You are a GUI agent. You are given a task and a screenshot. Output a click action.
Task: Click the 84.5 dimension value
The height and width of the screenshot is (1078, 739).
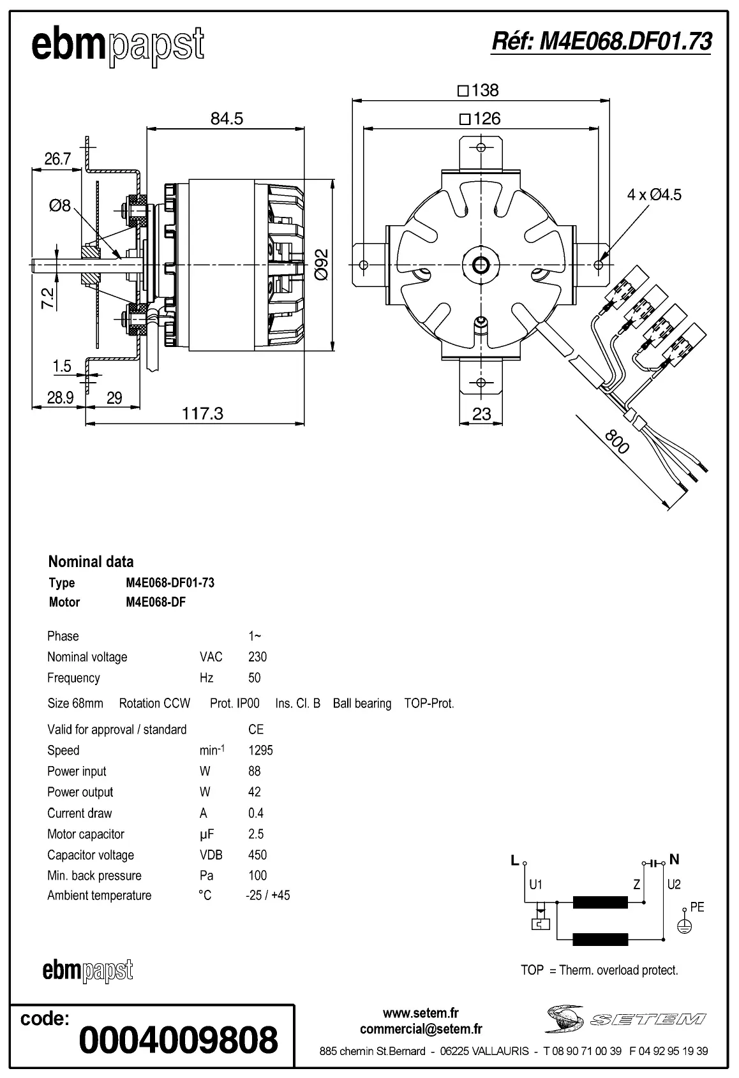tap(227, 119)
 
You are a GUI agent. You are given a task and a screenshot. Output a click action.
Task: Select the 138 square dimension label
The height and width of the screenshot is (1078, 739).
tap(479, 91)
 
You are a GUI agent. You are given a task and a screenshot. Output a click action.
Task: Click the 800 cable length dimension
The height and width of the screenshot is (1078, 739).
tap(616, 441)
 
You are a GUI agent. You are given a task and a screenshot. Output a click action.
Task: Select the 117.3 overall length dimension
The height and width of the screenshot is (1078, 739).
tap(202, 413)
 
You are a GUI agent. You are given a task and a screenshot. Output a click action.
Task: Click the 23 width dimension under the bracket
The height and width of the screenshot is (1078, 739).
tap(481, 414)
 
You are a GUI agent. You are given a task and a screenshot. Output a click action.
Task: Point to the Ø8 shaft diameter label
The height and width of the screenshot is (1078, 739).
tap(59, 205)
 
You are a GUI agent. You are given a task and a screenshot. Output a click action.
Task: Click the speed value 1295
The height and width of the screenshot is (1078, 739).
tap(260, 750)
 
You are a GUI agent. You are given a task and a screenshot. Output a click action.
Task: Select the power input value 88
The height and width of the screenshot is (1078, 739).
tap(254, 771)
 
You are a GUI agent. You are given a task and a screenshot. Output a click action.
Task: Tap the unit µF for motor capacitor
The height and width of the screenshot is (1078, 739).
tap(206, 834)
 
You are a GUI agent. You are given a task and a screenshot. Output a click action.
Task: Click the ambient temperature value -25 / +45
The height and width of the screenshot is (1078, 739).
tap(267, 896)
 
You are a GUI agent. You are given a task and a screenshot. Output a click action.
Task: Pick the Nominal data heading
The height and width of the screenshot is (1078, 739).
tap(91, 562)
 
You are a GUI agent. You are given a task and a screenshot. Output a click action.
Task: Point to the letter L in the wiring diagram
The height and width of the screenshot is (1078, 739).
tap(515, 860)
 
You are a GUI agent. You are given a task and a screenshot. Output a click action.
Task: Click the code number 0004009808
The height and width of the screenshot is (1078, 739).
tap(178, 1040)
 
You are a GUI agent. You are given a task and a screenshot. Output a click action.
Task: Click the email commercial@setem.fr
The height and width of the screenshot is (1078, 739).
tap(421, 1029)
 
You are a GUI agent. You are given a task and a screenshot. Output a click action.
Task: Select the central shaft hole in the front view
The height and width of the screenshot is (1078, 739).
tap(480, 263)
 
